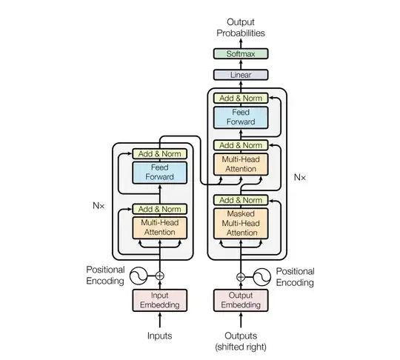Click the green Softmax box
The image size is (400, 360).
pos(240,53)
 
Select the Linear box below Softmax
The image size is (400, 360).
pos(240,75)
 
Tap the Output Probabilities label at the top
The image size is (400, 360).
pos(240,28)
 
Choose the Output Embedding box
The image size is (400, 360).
pos(240,300)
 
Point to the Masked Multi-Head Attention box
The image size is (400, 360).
pos(240,223)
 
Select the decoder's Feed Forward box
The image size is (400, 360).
pos(240,117)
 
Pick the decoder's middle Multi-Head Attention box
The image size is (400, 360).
pos(240,164)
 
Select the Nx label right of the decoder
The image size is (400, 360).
pos(299,177)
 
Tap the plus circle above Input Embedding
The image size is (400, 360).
pos(159,276)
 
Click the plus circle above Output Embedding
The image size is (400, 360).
pos(240,276)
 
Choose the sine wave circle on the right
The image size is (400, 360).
pos(261,276)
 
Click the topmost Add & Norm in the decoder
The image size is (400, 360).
pos(240,98)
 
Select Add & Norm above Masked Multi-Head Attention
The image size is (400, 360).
pos(240,200)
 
